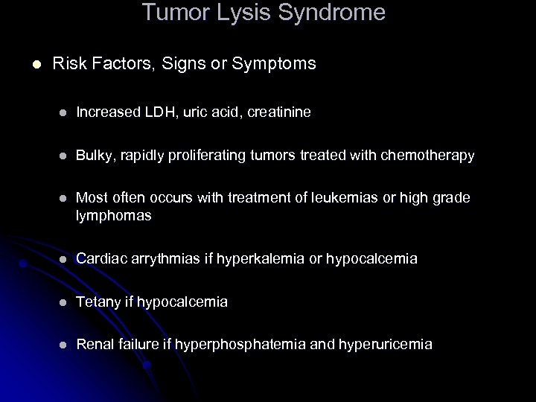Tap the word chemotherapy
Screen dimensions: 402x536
pyautogui.click(x=428, y=156)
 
